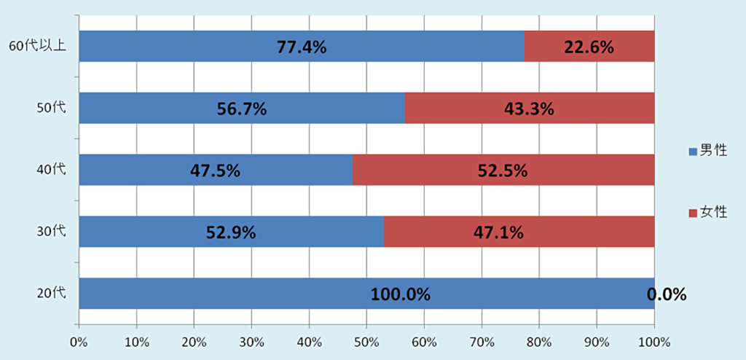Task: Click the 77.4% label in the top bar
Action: coord(301,47)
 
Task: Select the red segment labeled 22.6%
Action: coord(589,47)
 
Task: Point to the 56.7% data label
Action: coord(242,109)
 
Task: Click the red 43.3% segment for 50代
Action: coord(529,109)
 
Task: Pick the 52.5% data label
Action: coord(503,171)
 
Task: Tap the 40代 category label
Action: coord(51,170)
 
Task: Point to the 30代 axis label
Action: coord(51,232)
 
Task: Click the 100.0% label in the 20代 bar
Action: coord(401,294)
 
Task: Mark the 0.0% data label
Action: coord(667,294)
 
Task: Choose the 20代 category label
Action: coord(51,294)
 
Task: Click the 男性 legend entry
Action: coord(708,151)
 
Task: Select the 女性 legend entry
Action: coord(708,212)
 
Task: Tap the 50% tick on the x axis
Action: coord(366,341)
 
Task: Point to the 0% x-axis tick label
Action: coord(79,341)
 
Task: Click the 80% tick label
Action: coord(539,341)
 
